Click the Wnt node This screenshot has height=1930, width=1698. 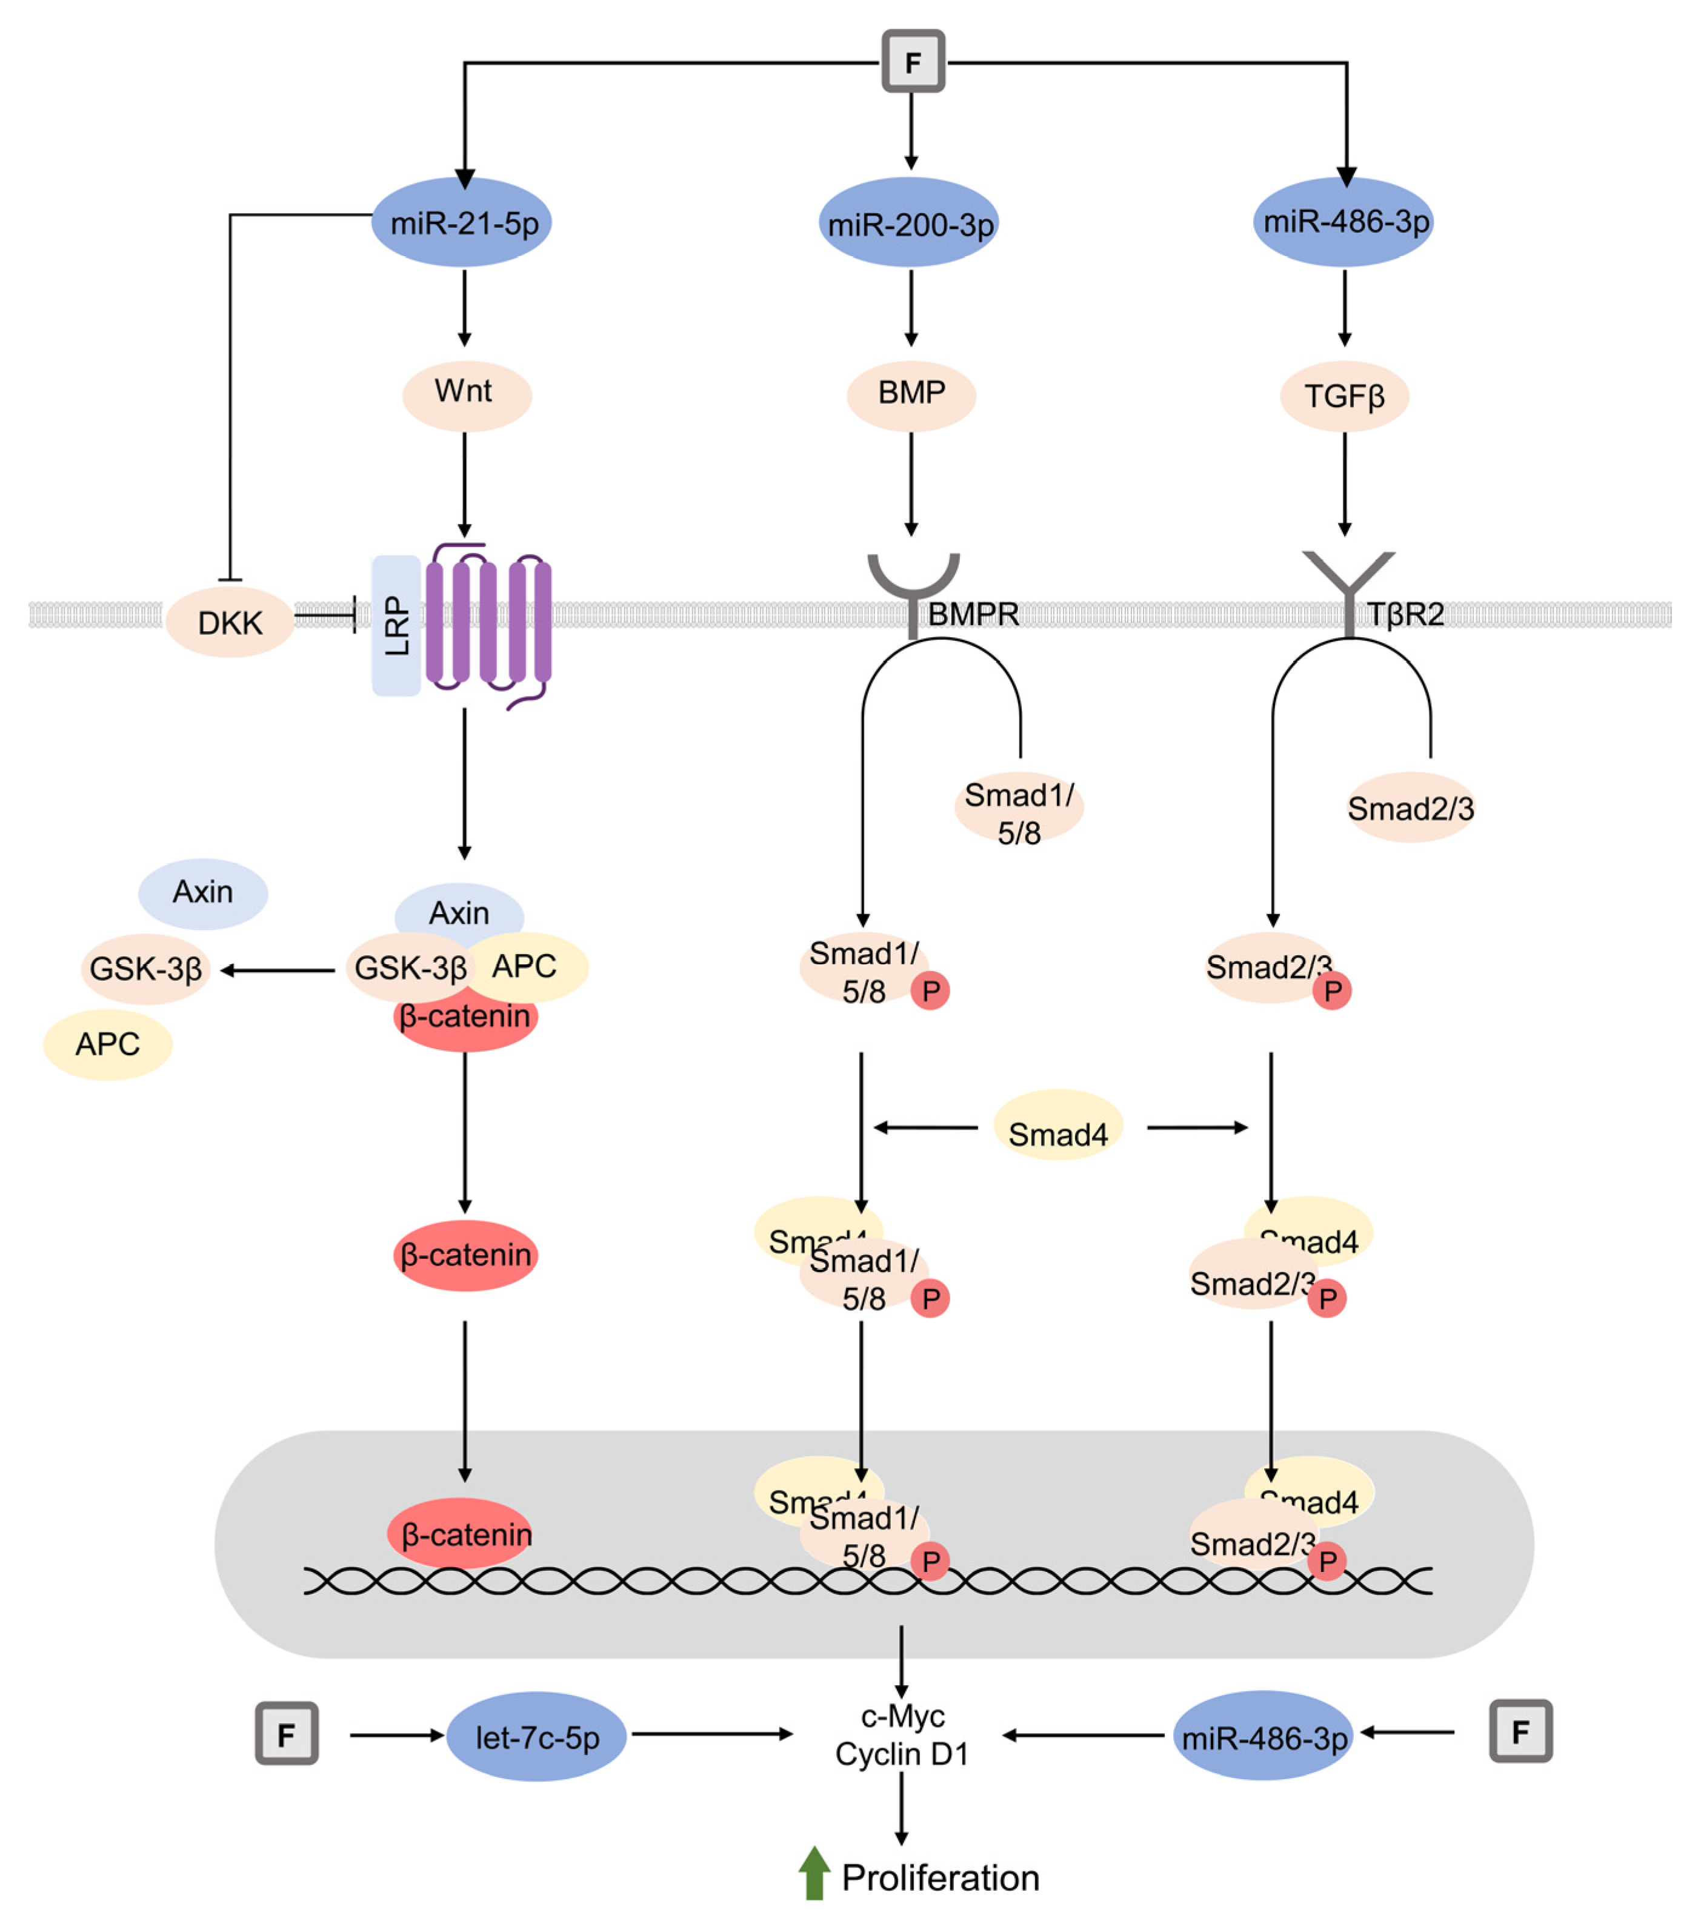pyautogui.click(x=465, y=393)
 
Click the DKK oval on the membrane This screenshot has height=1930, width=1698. pyautogui.click(x=230, y=622)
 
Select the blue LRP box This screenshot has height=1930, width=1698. pyautogui.click(x=396, y=625)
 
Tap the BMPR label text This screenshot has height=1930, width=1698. pyautogui.click(x=973, y=615)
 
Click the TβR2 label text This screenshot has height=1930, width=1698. pyautogui.click(x=1405, y=615)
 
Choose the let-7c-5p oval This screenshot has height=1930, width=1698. pyautogui.click(x=536, y=1736)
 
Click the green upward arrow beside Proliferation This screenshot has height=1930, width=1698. pyautogui.click(x=814, y=1873)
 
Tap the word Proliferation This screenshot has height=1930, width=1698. pyautogui.click(x=940, y=1878)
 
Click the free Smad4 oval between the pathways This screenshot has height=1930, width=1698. pyautogui.click(x=1057, y=1132)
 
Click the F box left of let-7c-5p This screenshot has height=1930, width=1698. pyautogui.click(x=286, y=1734)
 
